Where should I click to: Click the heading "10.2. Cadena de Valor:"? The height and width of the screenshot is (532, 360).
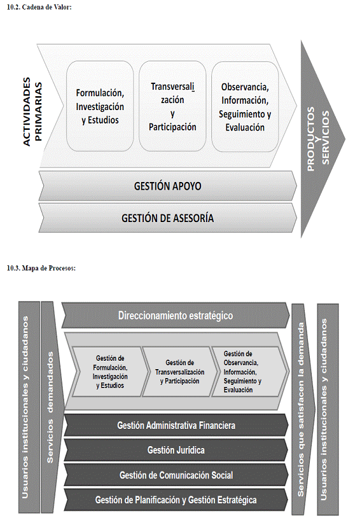[x=39, y=7]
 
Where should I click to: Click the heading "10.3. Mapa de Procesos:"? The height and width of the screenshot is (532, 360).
[x=41, y=269]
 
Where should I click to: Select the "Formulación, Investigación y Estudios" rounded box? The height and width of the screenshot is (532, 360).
[x=100, y=106]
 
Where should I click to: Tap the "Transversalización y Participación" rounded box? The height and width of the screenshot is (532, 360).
[x=172, y=106]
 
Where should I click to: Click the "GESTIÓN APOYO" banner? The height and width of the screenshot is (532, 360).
[x=168, y=186]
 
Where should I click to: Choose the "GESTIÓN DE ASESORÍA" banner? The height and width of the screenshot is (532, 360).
[x=168, y=218]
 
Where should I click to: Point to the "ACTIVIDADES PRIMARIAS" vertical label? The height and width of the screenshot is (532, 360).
[x=32, y=111]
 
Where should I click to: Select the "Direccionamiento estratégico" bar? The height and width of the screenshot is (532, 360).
[x=176, y=316]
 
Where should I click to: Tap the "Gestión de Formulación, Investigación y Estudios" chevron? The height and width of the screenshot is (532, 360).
[x=110, y=372]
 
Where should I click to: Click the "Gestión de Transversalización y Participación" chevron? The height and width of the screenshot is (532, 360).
[x=179, y=372]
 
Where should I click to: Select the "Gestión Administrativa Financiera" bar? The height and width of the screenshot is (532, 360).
[x=176, y=425]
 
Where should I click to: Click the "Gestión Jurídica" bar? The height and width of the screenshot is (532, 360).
[x=176, y=451]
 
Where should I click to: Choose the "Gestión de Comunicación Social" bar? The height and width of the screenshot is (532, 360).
[x=176, y=475]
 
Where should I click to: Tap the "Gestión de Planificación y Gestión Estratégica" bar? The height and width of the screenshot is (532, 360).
[x=176, y=500]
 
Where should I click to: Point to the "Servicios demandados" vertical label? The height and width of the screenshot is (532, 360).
[x=50, y=407]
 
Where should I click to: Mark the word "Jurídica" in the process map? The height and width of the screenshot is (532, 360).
[x=190, y=451]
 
